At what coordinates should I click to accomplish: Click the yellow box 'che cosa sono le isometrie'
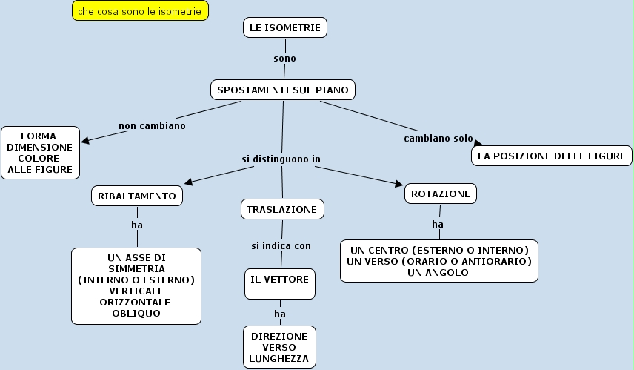139,12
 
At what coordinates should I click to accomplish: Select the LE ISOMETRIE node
285,27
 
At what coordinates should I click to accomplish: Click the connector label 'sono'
284,58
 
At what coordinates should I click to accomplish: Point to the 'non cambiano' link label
152,125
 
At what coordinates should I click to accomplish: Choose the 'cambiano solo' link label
438,139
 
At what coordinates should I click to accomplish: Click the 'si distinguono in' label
281,159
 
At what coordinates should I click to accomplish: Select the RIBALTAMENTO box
137,196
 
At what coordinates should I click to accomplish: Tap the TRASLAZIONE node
281,209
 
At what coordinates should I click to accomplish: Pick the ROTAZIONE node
440,194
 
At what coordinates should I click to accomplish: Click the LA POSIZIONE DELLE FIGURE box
552,156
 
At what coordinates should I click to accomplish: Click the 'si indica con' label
280,245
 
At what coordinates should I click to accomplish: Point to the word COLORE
41,158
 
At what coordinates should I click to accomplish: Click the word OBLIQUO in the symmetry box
136,313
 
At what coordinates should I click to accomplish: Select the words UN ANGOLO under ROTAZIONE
438,273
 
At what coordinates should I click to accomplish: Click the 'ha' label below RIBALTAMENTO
136,224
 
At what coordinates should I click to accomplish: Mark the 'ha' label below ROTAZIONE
438,223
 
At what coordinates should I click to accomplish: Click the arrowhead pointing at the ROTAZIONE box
398,183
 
